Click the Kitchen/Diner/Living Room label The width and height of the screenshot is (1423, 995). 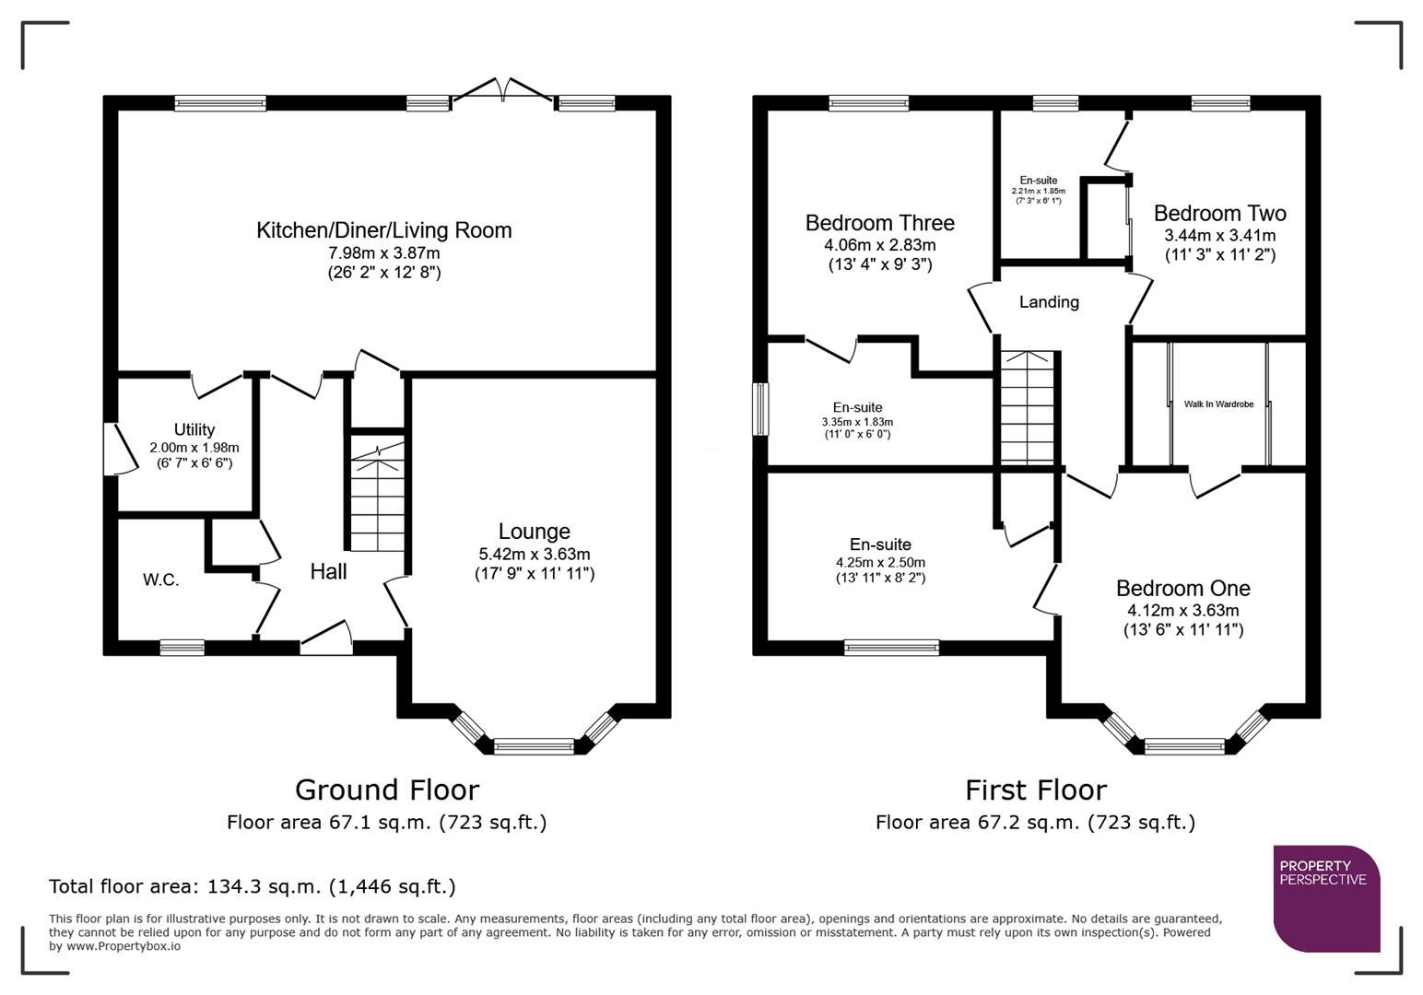coord(383,230)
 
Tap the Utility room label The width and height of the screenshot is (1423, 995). coord(194,429)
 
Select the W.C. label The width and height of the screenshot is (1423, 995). coord(160,579)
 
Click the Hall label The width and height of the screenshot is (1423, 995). coord(328,571)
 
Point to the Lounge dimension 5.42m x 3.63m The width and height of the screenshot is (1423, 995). coord(534,554)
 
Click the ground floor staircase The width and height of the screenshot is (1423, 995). coord(377,497)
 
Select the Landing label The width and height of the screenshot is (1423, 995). coord(1049,301)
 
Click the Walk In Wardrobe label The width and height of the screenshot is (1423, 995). coord(1218,404)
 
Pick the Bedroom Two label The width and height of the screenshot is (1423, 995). coord(1219,213)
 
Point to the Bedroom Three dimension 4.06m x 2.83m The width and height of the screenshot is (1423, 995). coord(879,245)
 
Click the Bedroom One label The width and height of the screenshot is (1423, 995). coord(1182,588)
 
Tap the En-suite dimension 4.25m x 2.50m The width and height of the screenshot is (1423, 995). coord(880,562)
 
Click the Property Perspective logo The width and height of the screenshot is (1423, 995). coord(1326,898)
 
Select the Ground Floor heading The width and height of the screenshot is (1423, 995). coord(386,790)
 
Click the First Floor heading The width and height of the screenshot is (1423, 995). coord(1035,790)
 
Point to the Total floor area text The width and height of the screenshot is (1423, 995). coord(252,886)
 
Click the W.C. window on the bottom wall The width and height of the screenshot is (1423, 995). coord(182,648)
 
